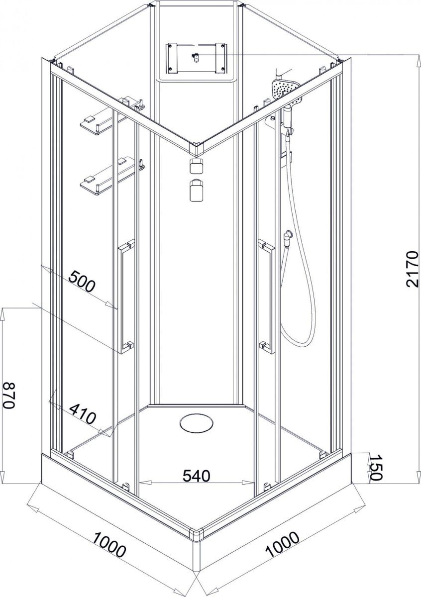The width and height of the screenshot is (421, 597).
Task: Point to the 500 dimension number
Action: [x=82, y=282]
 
